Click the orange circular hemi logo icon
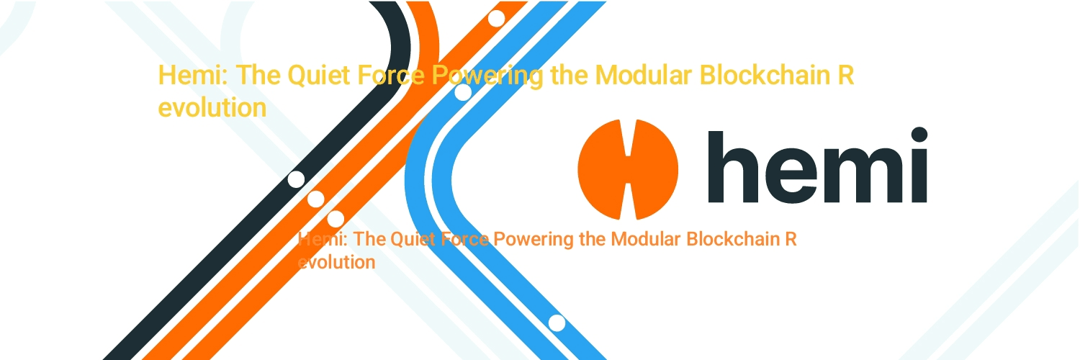[x=628, y=170]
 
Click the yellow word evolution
[x=212, y=108]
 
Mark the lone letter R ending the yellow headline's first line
[x=846, y=76]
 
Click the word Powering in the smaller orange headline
[x=534, y=239]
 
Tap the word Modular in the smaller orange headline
[x=641, y=239]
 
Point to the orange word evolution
[x=337, y=262]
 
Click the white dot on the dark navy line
[x=296, y=179]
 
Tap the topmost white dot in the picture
[x=496, y=19]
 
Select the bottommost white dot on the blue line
[x=557, y=323]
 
